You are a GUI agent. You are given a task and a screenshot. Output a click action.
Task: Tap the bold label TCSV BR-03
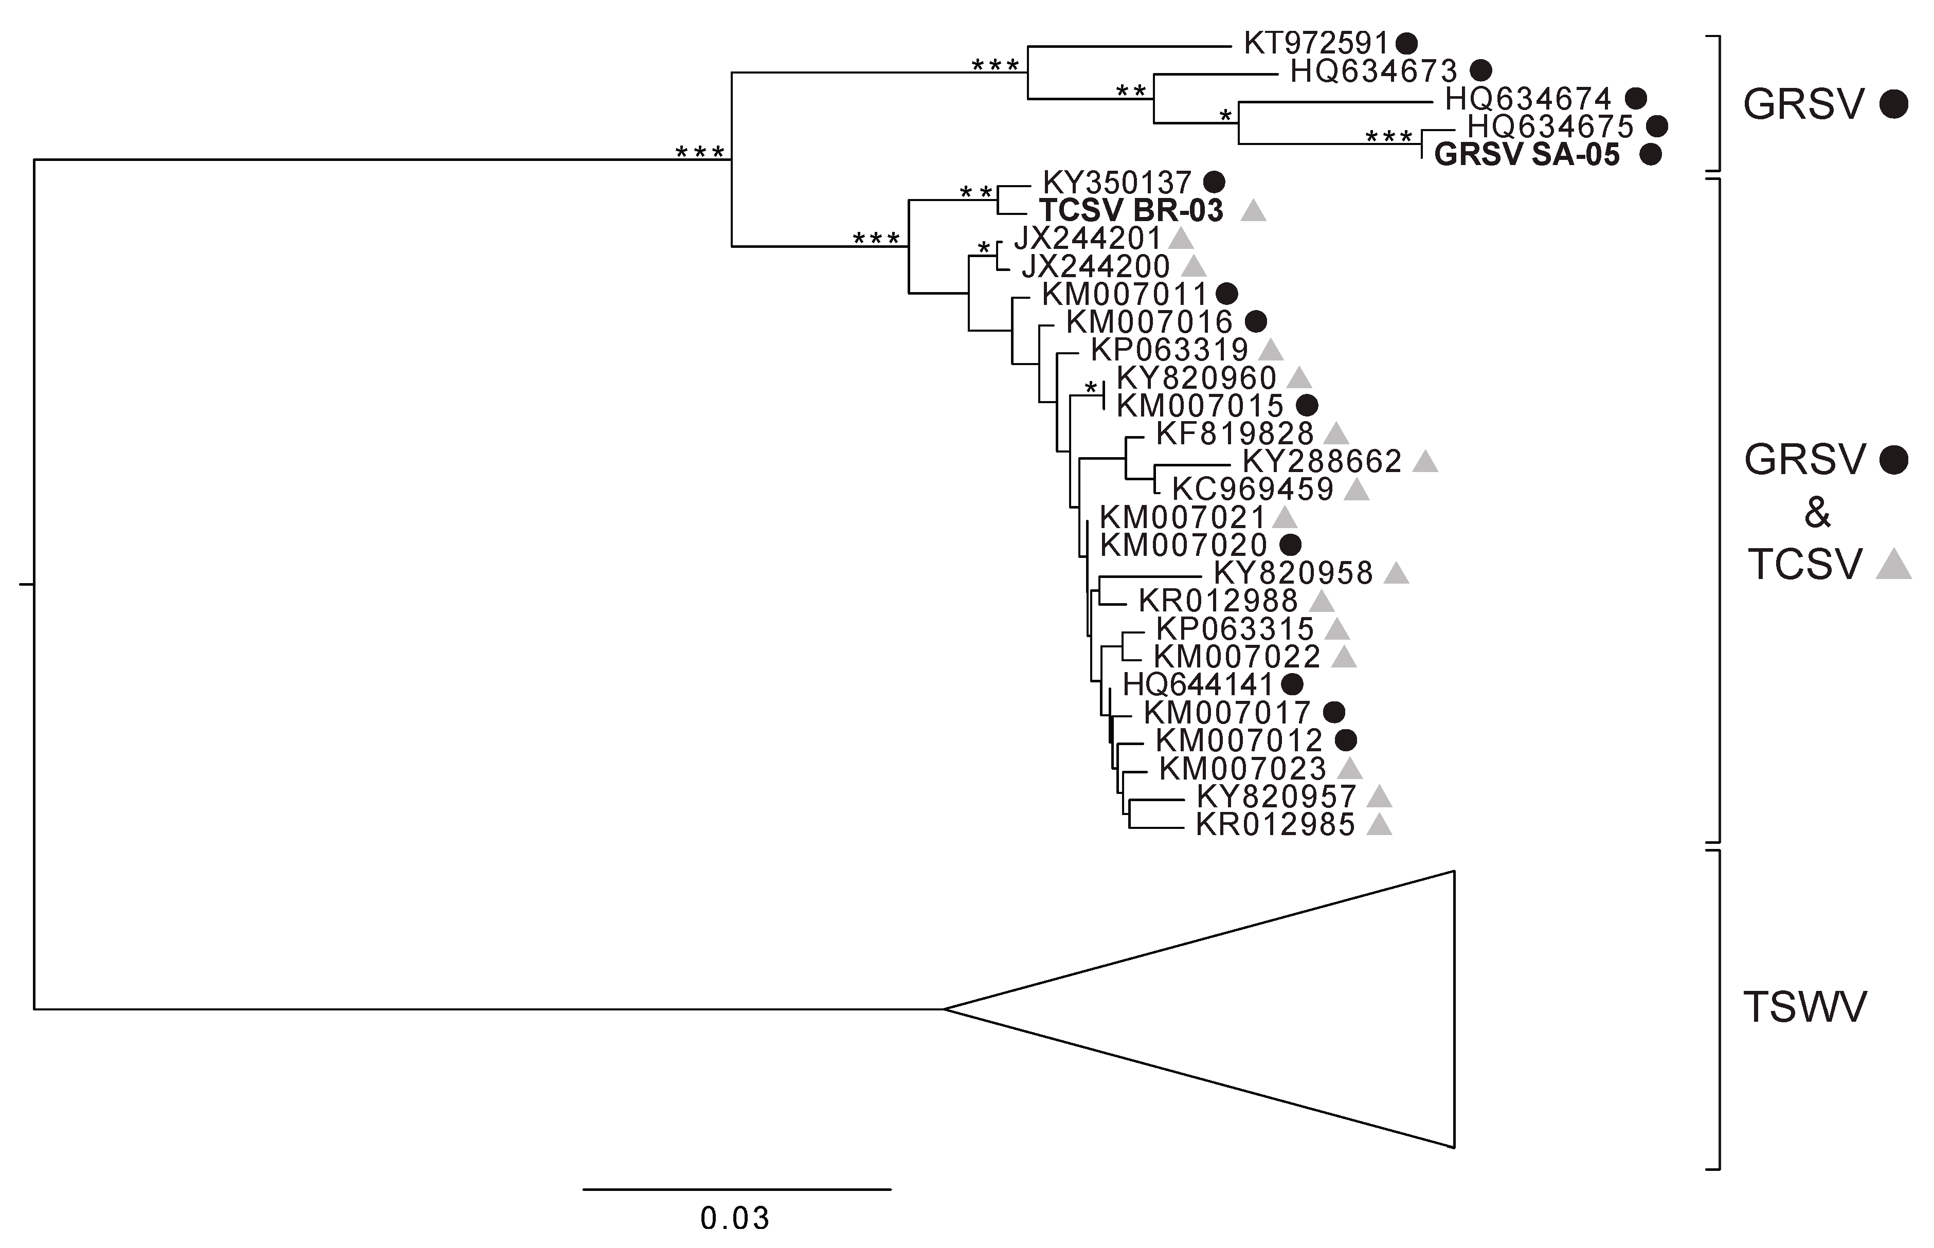pos(1131,211)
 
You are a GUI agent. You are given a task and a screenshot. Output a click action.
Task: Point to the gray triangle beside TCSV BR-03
pos(1253,211)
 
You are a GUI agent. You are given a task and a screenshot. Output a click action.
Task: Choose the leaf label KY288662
pos(1322,461)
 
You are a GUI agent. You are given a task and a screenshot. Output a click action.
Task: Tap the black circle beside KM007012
pos(1346,740)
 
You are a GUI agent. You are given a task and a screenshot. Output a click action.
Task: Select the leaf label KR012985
pos(1274,825)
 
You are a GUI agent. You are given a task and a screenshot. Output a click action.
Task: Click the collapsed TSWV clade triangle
pos(1296,1009)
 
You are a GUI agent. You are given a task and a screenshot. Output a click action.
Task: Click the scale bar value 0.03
pos(734,1218)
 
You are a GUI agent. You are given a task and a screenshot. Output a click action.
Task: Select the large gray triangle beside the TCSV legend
pos(1893,565)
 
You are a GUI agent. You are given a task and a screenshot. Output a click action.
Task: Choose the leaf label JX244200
pos(1095,266)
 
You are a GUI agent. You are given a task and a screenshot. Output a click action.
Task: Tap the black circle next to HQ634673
pos(1481,70)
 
